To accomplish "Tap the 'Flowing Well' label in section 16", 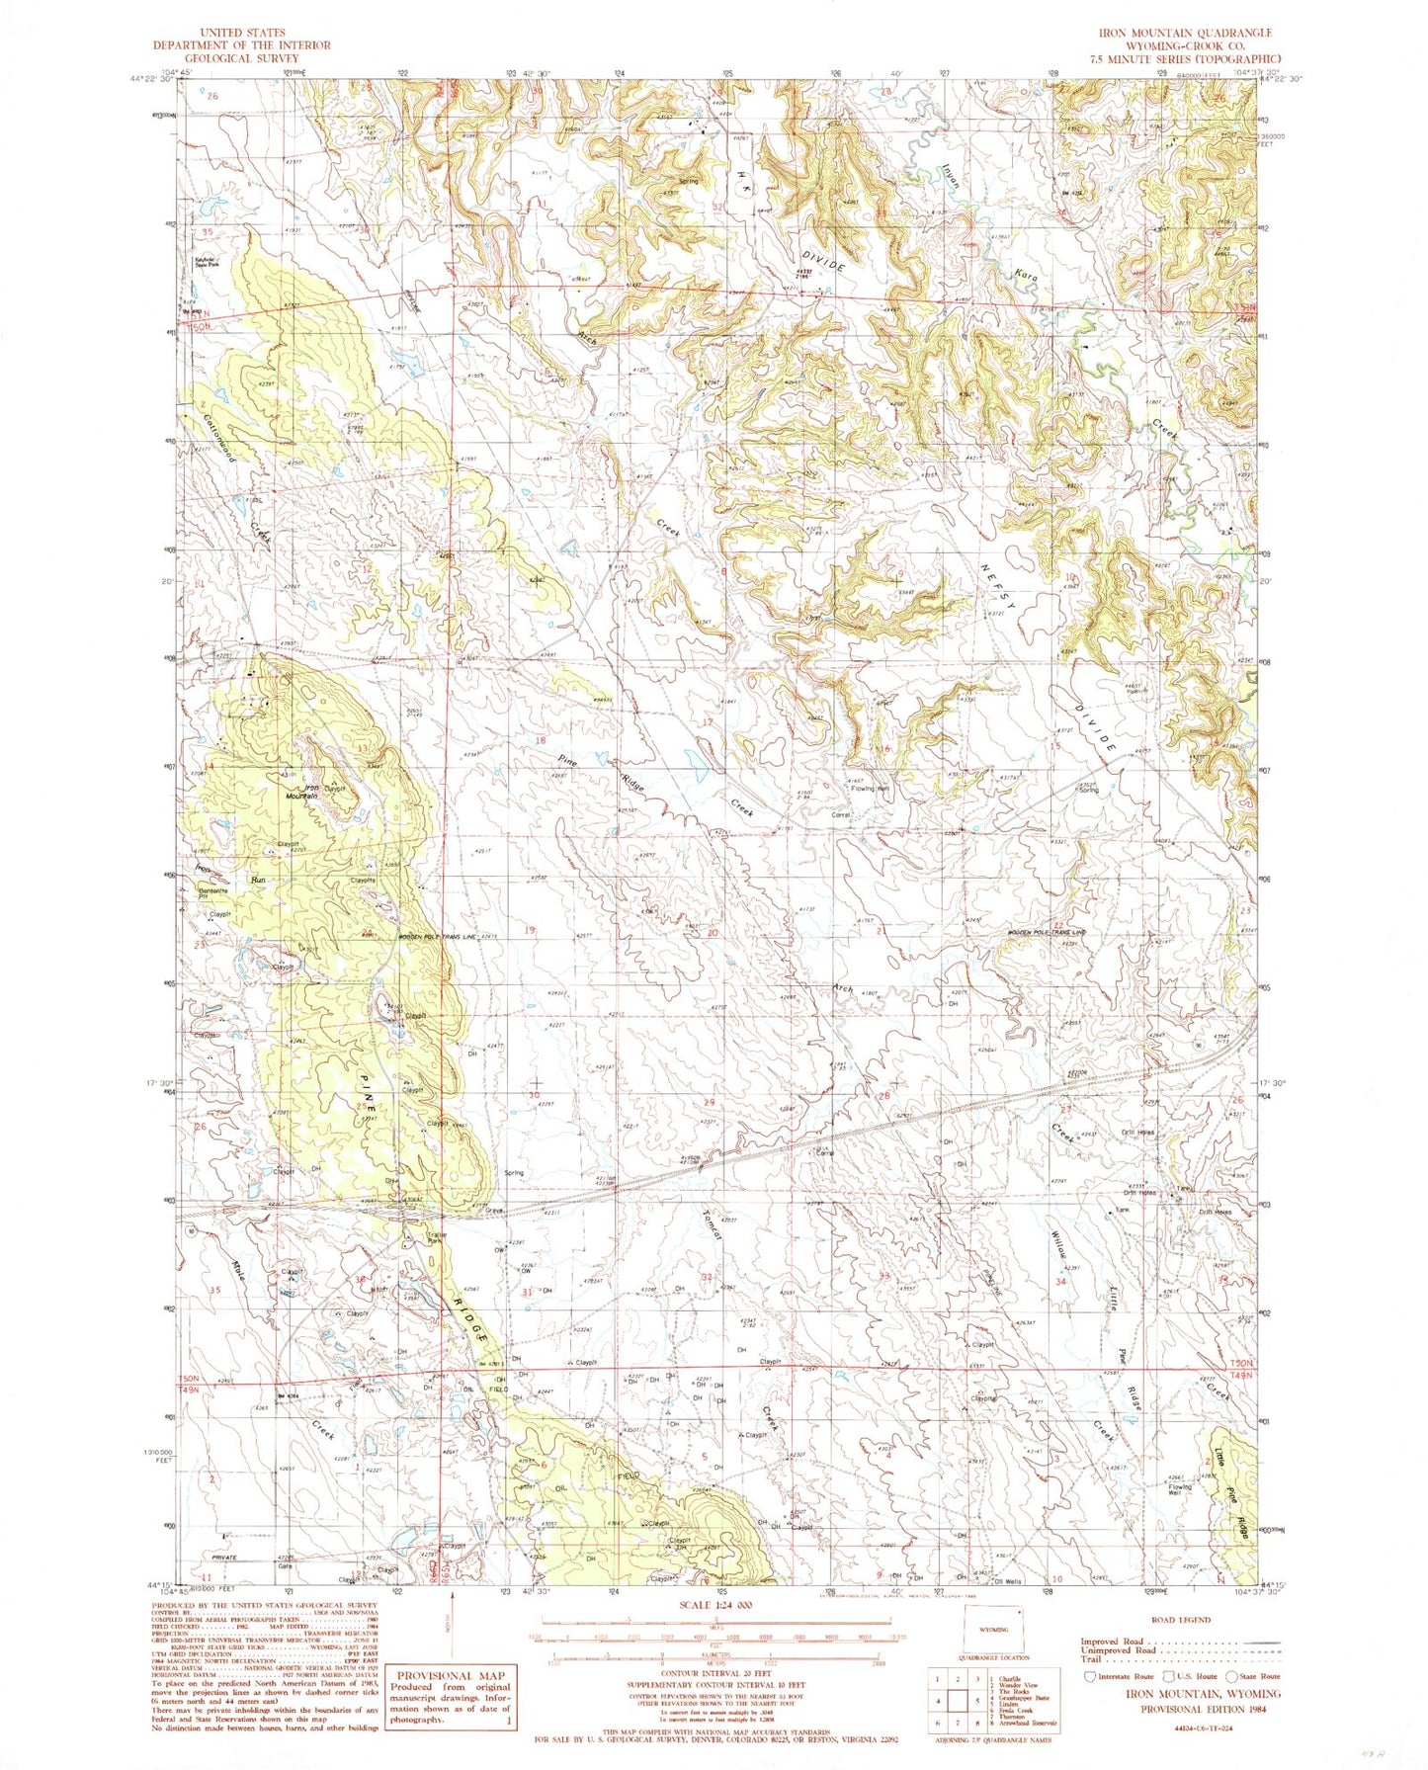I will click(871, 789).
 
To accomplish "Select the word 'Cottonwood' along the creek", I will click(219, 437).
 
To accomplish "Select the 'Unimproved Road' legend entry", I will click(1119, 1649).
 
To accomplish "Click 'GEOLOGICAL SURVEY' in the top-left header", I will click(241, 57).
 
